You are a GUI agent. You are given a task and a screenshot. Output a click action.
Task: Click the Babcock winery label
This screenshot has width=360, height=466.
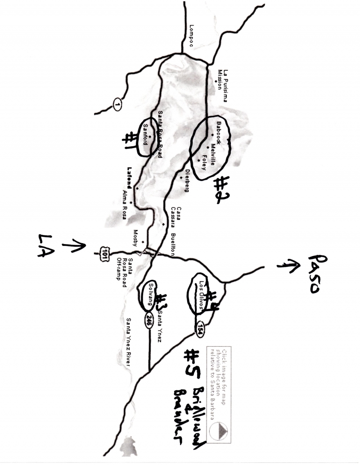218,131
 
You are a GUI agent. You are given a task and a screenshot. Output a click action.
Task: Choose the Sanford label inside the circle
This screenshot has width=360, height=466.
145,133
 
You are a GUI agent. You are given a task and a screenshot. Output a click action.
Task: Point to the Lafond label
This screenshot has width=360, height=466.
130,178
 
